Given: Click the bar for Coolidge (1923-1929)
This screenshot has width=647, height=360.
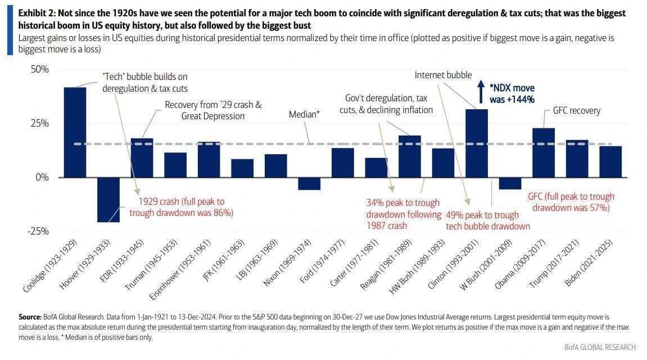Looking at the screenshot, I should pos(75,132).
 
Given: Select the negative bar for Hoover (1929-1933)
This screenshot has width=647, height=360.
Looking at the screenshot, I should pos(108,200).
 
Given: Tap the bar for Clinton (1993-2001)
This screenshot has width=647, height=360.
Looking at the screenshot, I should pos(476,143).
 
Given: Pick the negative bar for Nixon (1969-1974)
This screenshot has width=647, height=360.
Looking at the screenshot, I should pos(309,183).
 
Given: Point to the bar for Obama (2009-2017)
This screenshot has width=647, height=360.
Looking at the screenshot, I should pos(543,152).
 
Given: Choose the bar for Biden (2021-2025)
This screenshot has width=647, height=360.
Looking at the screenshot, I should pos(610,161).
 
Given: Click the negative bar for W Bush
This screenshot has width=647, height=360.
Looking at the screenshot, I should pos(510,183).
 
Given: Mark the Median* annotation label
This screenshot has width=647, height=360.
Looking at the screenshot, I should pos(304,114).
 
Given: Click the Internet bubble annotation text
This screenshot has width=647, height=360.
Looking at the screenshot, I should pos(443,75).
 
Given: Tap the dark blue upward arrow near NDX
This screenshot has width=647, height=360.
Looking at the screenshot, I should pos(481,91).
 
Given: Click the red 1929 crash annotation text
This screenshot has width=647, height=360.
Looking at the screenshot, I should pos(181,208).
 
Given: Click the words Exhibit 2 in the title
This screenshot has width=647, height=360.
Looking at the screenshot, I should pos(37,13).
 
